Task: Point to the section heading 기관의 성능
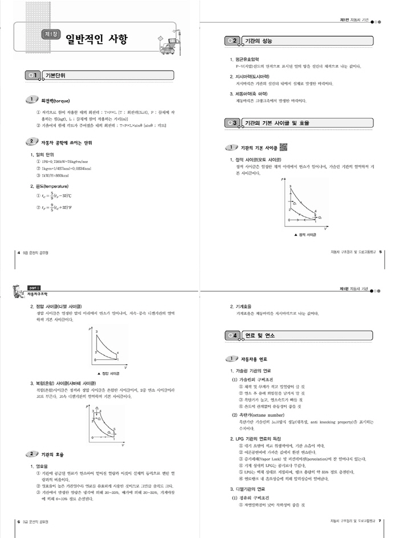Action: pos(257,41)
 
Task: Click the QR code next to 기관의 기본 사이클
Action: pos(283,146)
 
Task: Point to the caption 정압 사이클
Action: pos(105,373)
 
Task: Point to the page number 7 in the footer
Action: pos(380,520)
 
